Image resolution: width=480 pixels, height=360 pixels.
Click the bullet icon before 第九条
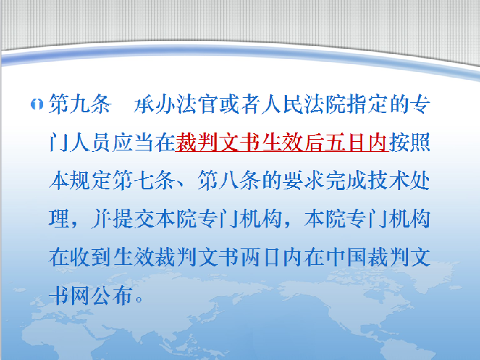click(x=37, y=105)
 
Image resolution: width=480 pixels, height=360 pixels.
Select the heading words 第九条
click(x=80, y=104)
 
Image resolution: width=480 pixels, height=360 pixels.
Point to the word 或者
click(x=240, y=104)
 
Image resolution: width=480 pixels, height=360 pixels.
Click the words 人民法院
click(x=304, y=104)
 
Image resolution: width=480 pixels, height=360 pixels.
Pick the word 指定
click(x=367, y=104)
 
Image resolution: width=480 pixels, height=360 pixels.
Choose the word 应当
click(x=133, y=142)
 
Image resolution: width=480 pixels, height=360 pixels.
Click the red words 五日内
click(x=357, y=142)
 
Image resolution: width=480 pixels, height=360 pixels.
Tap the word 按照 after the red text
click(x=409, y=142)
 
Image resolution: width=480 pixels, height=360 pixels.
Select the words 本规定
click(x=80, y=181)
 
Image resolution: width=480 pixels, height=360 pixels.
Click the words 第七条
click(x=144, y=181)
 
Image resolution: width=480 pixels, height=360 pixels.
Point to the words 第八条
click(x=229, y=181)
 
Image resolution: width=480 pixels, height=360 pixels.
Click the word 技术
click(x=389, y=181)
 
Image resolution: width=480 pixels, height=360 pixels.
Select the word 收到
click(x=91, y=257)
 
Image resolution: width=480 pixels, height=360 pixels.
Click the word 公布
click(x=112, y=295)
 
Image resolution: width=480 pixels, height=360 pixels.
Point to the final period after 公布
click(x=139, y=300)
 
